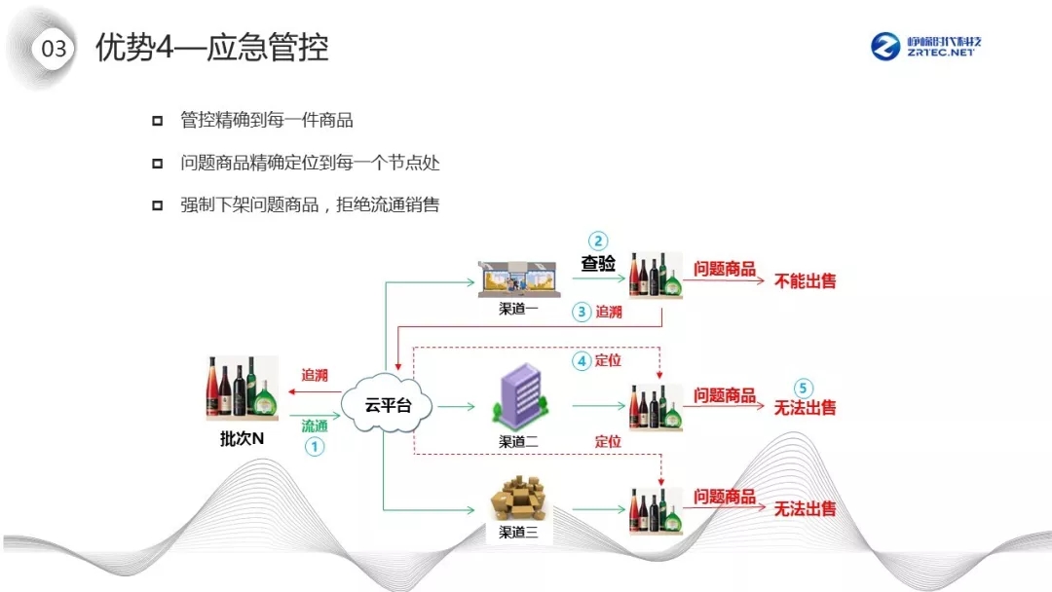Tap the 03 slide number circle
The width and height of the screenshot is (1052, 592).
(55, 49)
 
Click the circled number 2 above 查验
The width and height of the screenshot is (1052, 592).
(598, 241)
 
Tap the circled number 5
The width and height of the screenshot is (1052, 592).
(804, 387)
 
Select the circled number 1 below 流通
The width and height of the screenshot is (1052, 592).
(315, 446)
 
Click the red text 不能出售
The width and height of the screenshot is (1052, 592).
(805, 281)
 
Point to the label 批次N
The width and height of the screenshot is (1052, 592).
(243, 439)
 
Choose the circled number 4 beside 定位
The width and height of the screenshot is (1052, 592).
(582, 360)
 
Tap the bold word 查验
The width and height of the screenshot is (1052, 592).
(598, 263)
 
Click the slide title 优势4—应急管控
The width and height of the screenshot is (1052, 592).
(211, 48)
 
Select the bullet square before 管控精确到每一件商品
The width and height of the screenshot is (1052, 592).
(157, 122)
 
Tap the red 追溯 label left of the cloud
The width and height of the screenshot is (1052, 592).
(315, 375)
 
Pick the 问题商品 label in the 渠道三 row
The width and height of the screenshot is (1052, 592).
(724, 498)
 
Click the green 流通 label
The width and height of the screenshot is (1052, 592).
(315, 425)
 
